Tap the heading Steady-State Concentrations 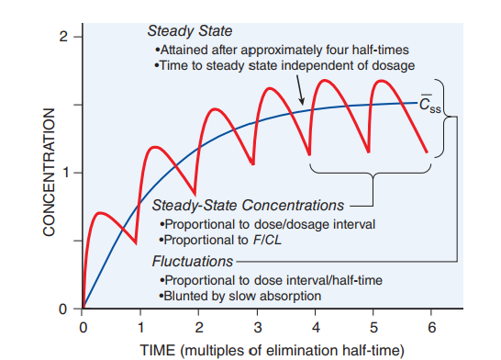tap(248, 205)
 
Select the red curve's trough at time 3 tap(254, 164)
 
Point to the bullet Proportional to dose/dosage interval tap(253, 223)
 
